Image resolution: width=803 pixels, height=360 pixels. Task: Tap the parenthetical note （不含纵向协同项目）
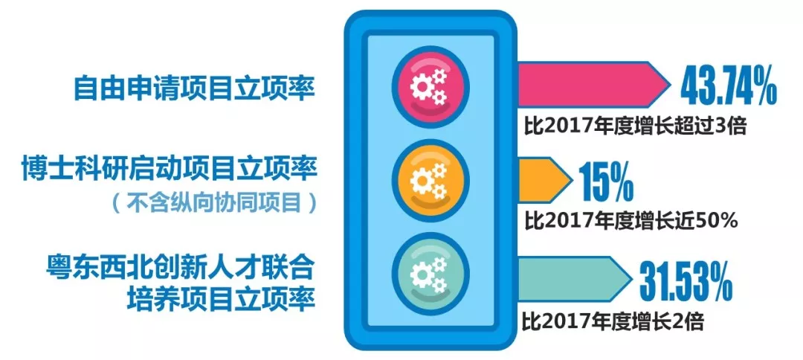click(x=215, y=202)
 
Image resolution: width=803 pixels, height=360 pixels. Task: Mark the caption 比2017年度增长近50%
click(x=631, y=220)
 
